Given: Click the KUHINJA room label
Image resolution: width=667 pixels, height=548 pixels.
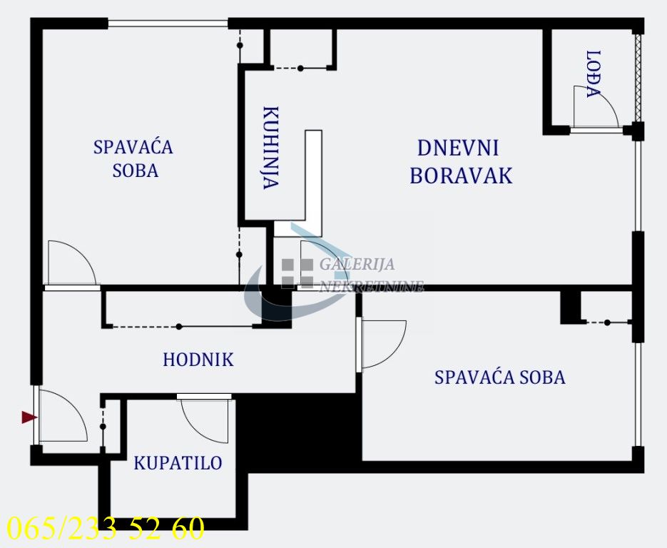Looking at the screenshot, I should pyautogui.click(x=270, y=148).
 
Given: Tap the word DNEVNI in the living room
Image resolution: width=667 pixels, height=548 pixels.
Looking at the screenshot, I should pyautogui.click(x=457, y=148).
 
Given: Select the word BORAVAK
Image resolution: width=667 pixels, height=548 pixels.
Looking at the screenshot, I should pyautogui.click(x=461, y=176).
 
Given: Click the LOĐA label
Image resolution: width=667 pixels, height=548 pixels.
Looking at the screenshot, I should pyautogui.click(x=591, y=73).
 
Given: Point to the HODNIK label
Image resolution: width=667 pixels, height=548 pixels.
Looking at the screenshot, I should pyautogui.click(x=198, y=360).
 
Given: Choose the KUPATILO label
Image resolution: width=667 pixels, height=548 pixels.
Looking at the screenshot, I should pyautogui.click(x=178, y=463).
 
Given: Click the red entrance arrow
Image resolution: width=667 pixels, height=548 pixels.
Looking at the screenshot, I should pyautogui.click(x=29, y=417).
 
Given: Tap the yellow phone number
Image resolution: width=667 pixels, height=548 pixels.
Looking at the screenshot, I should pyautogui.click(x=105, y=528).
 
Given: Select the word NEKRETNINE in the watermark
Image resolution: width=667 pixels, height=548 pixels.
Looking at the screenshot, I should pyautogui.click(x=371, y=287).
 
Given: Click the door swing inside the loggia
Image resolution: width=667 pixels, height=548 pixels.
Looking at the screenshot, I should pyautogui.click(x=596, y=107).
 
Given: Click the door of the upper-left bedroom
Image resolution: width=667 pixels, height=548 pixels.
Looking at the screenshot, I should pyautogui.click(x=70, y=264).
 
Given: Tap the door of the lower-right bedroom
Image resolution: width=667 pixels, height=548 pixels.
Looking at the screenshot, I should pyautogui.click(x=382, y=344).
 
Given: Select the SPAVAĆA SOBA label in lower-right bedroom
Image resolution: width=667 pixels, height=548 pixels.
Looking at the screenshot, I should pyautogui.click(x=499, y=377).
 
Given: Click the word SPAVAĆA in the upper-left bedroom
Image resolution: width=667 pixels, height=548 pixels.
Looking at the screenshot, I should pyautogui.click(x=133, y=148).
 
